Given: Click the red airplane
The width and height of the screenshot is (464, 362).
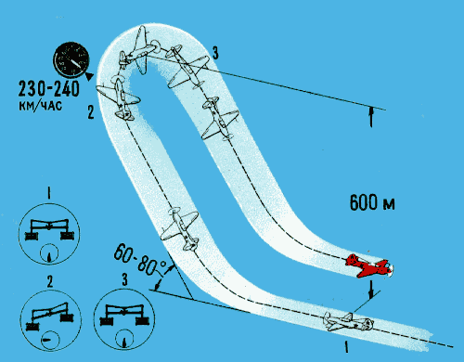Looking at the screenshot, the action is click(x=368, y=266).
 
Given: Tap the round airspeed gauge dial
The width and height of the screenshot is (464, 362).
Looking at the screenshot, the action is click(x=71, y=59).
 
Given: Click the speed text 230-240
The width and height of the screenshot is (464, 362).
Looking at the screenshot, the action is click(x=49, y=89).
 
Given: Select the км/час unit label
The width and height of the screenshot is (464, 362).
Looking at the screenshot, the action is click(x=40, y=106).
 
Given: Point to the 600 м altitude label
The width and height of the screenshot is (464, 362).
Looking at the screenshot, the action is click(x=372, y=202).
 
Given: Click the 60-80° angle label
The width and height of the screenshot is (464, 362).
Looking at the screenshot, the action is click(x=140, y=261).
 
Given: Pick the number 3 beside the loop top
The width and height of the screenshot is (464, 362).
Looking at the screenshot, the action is click(x=215, y=53).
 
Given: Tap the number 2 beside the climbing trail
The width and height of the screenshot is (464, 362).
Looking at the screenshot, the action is click(x=90, y=112).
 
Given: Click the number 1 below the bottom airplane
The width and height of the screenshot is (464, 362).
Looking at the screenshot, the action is click(x=346, y=346).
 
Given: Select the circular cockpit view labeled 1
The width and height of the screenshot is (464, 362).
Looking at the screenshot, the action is click(x=49, y=234).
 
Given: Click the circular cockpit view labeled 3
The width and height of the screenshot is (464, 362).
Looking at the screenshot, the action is click(x=124, y=319).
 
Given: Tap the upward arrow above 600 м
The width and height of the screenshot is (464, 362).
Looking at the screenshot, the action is click(x=371, y=117).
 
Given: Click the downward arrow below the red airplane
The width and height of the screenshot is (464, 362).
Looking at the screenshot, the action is click(x=371, y=290).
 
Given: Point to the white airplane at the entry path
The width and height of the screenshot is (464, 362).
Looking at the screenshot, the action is click(x=348, y=322).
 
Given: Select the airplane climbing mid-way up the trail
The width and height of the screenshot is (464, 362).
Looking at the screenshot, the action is click(x=181, y=227).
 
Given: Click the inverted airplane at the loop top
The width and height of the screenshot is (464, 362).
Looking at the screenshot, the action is click(x=139, y=51).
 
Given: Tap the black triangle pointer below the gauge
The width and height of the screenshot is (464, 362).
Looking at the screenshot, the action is click(x=89, y=77).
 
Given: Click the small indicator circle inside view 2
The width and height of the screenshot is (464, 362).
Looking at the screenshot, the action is click(x=49, y=340).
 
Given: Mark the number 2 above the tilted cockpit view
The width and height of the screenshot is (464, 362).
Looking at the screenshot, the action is click(x=50, y=282).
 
